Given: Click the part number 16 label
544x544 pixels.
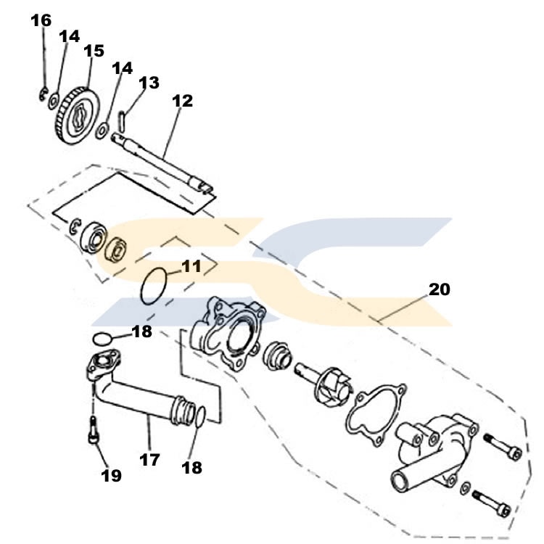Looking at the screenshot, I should coord(41,20).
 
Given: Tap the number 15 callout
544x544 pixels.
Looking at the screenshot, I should coord(94,51).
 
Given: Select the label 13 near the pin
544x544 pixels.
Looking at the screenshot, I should coord(149,83).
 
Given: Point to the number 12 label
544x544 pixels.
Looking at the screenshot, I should coord(183,101).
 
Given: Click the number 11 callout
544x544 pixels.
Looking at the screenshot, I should coord(191,266).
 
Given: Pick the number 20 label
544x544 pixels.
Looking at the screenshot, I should coord(439,289).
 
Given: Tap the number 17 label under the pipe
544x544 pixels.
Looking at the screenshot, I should coord(149,459).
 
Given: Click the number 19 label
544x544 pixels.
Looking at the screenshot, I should coord(111,476).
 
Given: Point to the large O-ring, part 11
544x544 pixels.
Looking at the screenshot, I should coord(154,286).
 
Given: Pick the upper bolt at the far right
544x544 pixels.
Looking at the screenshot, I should coord(503,448).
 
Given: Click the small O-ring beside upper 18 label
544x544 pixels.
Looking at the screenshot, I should coord(104,337).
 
